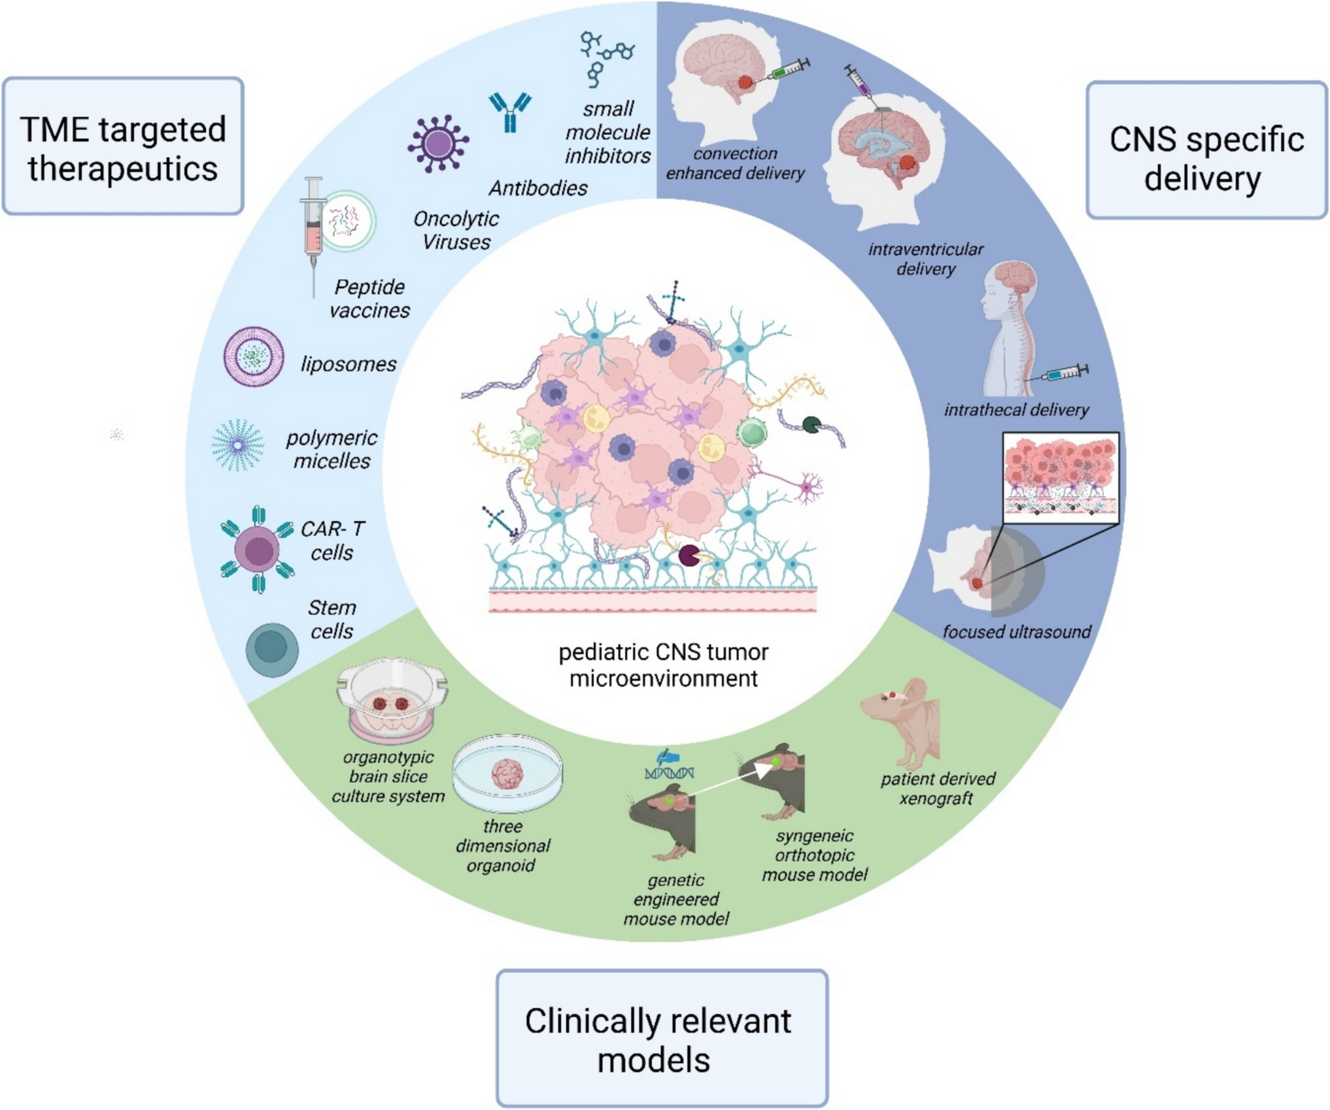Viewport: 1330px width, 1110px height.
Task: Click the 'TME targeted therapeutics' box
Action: click(x=123, y=146)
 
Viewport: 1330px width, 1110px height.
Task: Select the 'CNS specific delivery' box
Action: click(x=1206, y=150)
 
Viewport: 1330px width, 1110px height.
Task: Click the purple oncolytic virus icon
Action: click(x=437, y=144)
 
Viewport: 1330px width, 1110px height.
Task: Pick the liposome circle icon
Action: click(x=254, y=357)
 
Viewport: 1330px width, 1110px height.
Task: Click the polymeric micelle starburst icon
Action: click(x=238, y=445)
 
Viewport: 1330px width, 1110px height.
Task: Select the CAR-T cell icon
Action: click(x=258, y=550)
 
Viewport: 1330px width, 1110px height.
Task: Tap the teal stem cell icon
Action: click(x=272, y=648)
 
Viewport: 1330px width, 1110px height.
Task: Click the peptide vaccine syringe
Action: click(x=314, y=229)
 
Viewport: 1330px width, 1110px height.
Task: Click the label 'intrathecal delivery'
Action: click(x=1016, y=410)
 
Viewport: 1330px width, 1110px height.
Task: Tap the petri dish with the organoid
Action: click(x=507, y=775)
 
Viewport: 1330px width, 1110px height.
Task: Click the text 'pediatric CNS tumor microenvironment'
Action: click(x=663, y=665)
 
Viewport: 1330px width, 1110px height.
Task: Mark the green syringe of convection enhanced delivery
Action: click(x=785, y=70)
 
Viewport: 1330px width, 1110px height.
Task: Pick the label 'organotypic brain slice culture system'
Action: click(x=388, y=777)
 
